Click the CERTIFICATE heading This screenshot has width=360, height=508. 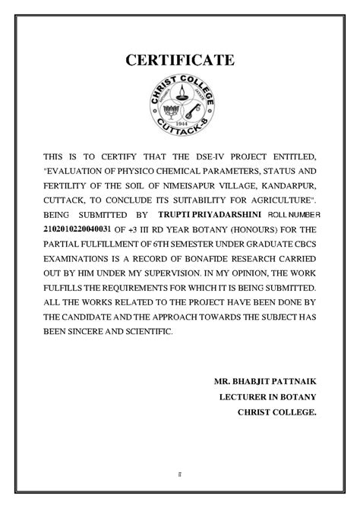[180, 60]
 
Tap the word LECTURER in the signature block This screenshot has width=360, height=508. [242, 396]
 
